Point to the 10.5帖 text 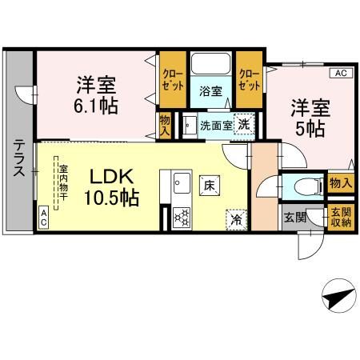point(110,198)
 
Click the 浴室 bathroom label point(211,92)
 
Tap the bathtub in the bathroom point(211,65)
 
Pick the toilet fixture point(304,186)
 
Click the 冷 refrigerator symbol point(236,216)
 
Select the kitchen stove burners point(181,216)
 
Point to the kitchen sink point(181,183)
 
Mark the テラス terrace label point(18,158)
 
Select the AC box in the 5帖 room point(340,74)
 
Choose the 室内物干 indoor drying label point(62,183)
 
